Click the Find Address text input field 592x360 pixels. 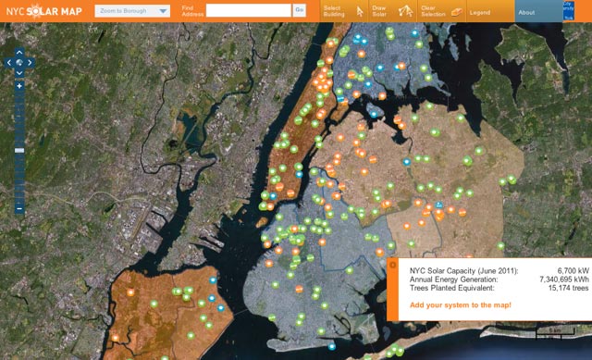[x=248, y=10]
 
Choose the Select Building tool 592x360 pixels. [x=339, y=11]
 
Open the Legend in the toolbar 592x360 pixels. [x=471, y=11]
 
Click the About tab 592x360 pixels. [x=526, y=12]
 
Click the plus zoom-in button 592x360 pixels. [x=19, y=85]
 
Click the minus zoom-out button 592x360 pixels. [x=19, y=209]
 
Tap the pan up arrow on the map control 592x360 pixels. [x=19, y=52]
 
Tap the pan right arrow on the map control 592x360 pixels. [x=30, y=63]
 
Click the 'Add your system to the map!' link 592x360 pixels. [x=460, y=304]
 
